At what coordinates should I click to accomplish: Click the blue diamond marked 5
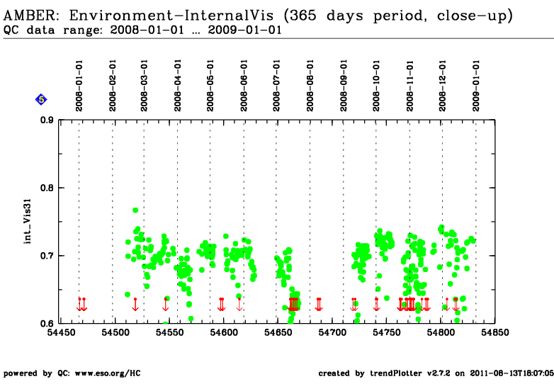tap(41, 100)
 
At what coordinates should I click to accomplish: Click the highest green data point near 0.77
tap(135, 210)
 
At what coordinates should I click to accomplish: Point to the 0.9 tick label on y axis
tap(47, 120)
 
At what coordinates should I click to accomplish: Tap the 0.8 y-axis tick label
tap(47, 188)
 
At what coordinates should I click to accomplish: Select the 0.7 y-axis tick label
tap(47, 256)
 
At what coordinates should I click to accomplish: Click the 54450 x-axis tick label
tap(61, 333)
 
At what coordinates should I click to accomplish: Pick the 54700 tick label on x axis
tap(332, 333)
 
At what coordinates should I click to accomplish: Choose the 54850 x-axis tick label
tap(495, 333)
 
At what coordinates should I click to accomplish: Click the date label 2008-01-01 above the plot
tap(79, 86)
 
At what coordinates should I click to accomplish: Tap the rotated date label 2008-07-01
tap(276, 86)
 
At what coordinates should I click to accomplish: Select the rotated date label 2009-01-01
tap(476, 86)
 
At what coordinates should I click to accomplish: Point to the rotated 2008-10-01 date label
tap(376, 86)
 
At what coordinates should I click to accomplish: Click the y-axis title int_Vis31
tap(28, 222)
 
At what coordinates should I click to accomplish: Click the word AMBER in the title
tap(30, 16)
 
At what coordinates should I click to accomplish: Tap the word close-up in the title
tap(472, 16)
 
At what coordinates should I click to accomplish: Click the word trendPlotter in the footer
tap(396, 373)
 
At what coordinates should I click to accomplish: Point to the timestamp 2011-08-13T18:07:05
tap(511, 373)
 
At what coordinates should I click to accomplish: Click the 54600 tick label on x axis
tap(224, 333)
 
